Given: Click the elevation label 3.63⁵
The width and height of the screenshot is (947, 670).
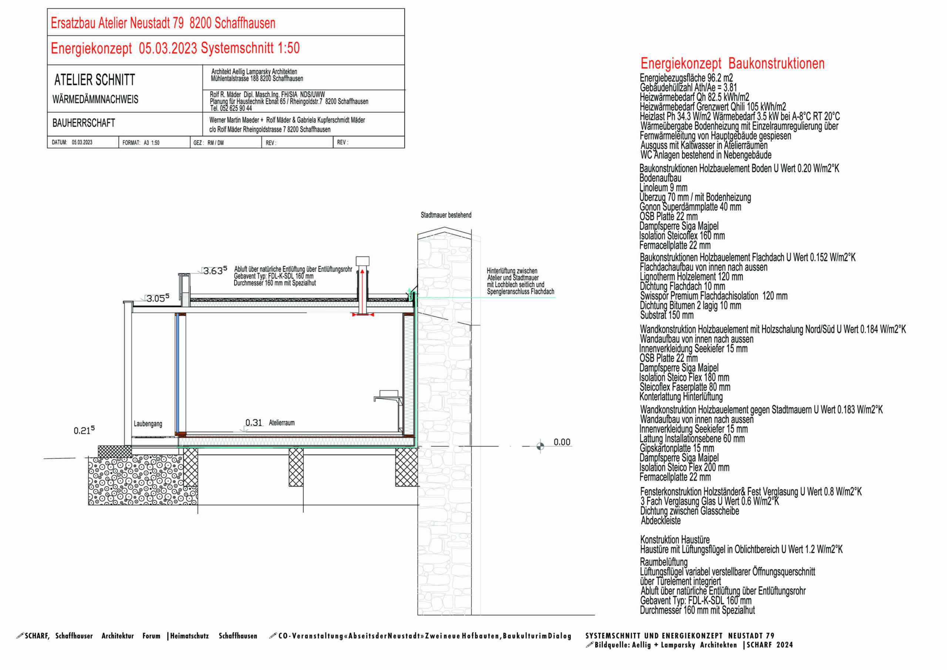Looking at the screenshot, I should (x=215, y=271).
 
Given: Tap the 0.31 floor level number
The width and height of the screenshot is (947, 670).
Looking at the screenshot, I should (x=254, y=422).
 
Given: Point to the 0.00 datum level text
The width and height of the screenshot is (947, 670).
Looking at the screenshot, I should (x=562, y=442).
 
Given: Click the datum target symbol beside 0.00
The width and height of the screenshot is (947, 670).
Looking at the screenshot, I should (x=540, y=446).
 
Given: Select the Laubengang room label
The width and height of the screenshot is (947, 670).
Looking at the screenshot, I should (x=148, y=424).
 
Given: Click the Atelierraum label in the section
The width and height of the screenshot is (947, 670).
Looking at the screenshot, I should (x=282, y=423).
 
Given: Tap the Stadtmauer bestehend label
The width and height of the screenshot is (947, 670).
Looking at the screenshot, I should (x=446, y=215).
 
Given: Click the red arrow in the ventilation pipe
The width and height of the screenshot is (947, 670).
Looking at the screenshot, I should (x=363, y=289).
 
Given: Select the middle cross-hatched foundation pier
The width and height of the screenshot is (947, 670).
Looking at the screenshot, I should (x=296, y=467).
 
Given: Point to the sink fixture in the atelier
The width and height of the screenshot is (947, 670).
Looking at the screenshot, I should (x=388, y=397).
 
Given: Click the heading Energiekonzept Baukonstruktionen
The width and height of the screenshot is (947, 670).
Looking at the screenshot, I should (x=732, y=64).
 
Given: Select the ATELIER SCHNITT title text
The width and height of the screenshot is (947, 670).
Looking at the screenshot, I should (x=94, y=80).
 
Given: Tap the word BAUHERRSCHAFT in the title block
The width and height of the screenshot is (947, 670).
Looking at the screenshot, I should (x=84, y=123).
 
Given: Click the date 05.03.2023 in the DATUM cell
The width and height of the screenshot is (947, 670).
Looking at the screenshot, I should (x=82, y=142).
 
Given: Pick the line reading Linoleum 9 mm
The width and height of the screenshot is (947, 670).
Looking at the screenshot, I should (x=663, y=188).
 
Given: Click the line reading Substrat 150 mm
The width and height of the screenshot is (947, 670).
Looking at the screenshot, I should (x=667, y=315).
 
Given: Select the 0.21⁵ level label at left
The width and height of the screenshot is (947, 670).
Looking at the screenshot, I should (x=84, y=430).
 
